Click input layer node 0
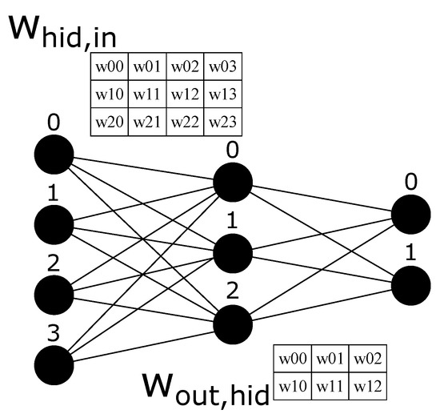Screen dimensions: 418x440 (x=54, y=154)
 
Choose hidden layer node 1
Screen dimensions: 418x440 (x=233, y=251)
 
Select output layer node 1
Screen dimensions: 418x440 (x=410, y=284)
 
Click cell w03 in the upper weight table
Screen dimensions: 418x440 (x=223, y=66)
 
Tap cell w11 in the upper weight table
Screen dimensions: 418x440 (x=147, y=94)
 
